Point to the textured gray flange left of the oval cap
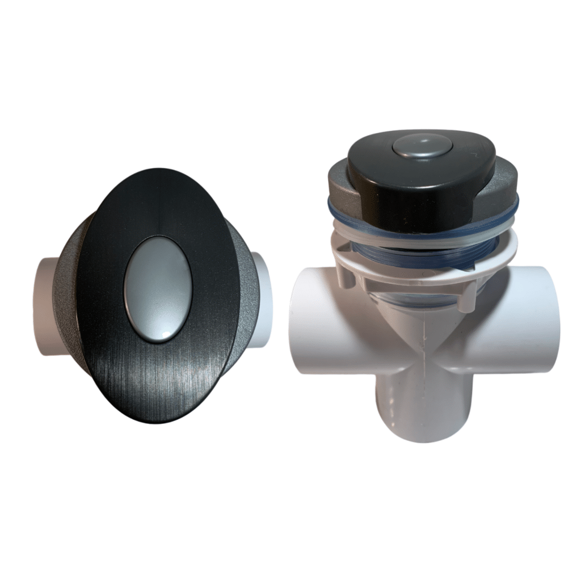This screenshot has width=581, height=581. pyautogui.click(x=68, y=295)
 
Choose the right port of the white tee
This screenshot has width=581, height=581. pyautogui.click(x=539, y=323)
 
